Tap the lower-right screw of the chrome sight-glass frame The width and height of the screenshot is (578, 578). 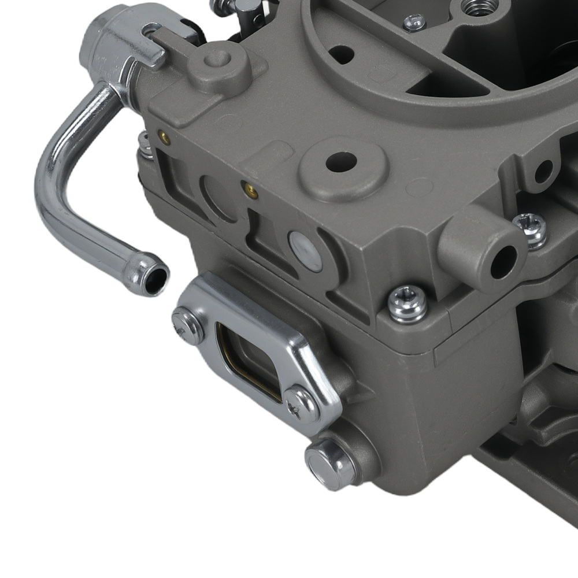point(302,405)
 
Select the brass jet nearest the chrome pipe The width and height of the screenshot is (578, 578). point(165,139)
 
